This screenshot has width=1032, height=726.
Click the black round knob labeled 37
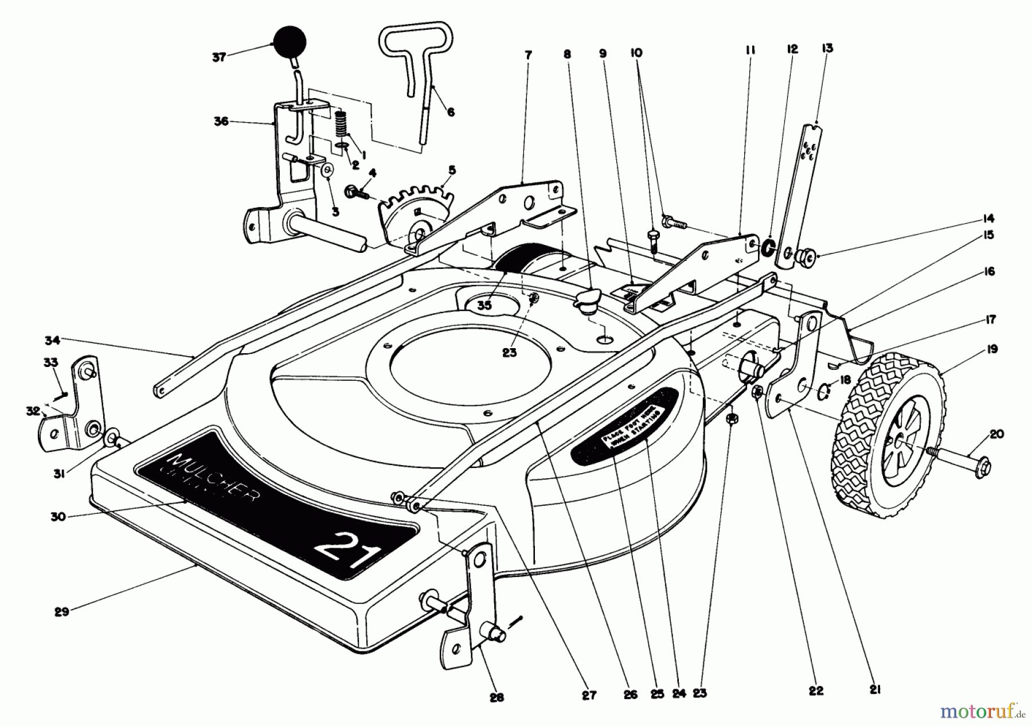coord(290,41)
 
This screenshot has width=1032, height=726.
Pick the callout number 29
coord(61,611)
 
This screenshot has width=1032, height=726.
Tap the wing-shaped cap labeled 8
coord(587,300)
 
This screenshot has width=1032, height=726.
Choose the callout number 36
coord(221,122)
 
